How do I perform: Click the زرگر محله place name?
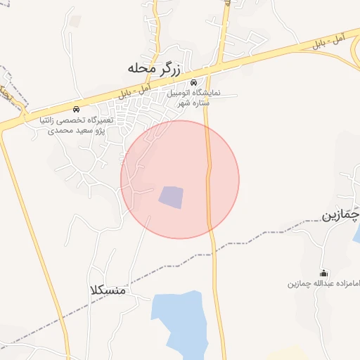point(155,69)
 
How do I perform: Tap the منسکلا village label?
point(108,290)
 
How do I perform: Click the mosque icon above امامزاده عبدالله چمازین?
point(323,274)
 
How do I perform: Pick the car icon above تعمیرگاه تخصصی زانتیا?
point(76,110)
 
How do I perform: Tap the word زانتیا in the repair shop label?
point(51,120)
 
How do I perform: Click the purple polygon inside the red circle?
point(170,197)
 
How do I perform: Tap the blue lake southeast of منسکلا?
point(179,323)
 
